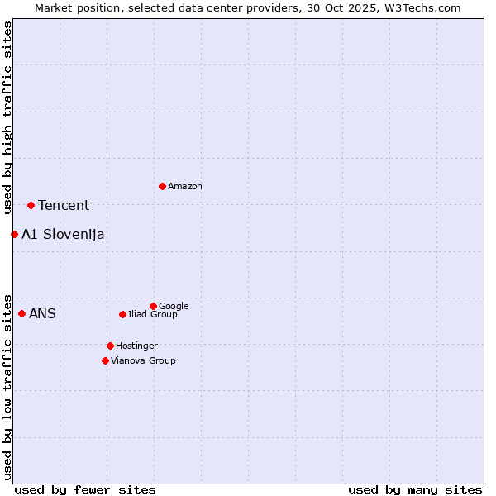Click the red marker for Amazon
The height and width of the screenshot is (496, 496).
pyautogui.click(x=162, y=186)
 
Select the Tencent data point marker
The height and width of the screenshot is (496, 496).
pyautogui.click(x=31, y=205)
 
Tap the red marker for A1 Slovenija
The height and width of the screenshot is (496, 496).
pyautogui.click(x=14, y=234)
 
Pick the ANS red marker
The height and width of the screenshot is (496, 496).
pyautogui.click(x=21, y=313)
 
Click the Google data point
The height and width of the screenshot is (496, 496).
pyautogui.click(x=153, y=306)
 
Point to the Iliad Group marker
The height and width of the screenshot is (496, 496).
pyautogui.click(x=122, y=314)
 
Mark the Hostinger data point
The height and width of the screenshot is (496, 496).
pyautogui.click(x=110, y=346)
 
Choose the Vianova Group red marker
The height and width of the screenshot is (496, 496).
pyautogui.click(x=105, y=360)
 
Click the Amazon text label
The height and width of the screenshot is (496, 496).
pyautogui.click(x=185, y=187)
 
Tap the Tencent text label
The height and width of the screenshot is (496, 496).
pyautogui.click(x=64, y=206)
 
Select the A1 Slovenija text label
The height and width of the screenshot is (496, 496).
pyautogui.click(x=63, y=235)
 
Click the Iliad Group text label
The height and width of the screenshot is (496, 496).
pyautogui.click(x=153, y=315)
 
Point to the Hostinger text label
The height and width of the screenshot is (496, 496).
pyautogui.click(x=136, y=346)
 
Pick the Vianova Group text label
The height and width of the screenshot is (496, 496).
pyautogui.click(x=143, y=361)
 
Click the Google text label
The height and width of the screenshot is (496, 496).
pyautogui.click(x=174, y=307)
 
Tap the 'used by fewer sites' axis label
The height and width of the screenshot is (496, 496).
pyautogui.click(x=85, y=489)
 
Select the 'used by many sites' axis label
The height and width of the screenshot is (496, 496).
pyautogui.click(x=415, y=489)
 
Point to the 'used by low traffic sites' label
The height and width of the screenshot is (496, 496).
pyautogui.click(x=7, y=387)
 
